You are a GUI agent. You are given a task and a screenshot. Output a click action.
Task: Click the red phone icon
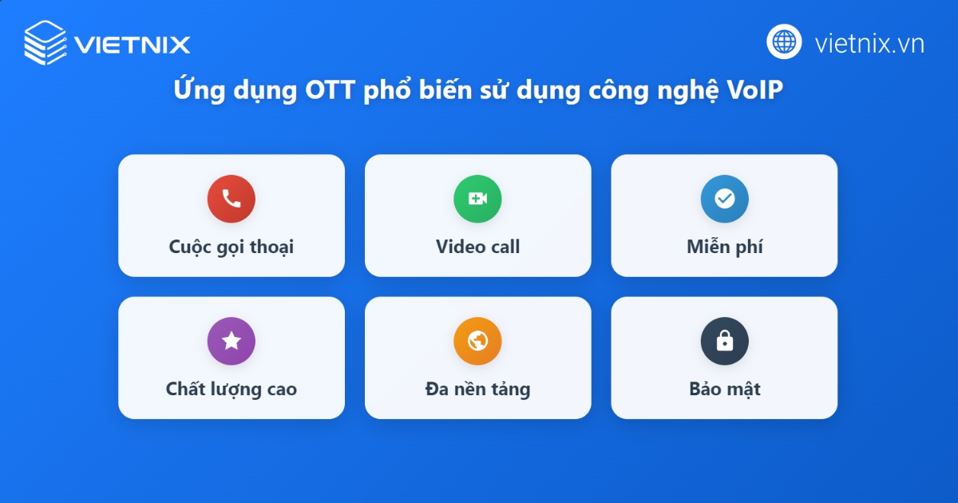231,199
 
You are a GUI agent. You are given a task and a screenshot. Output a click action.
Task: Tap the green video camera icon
477,199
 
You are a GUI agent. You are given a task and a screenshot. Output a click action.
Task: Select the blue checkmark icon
724,199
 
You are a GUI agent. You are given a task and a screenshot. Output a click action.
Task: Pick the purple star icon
231,341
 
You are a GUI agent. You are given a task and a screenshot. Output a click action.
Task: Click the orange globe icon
477,341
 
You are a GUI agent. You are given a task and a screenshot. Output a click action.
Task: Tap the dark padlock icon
724,341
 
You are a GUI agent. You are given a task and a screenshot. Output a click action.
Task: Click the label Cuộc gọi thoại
231,248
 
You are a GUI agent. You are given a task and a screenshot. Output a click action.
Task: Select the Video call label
477,247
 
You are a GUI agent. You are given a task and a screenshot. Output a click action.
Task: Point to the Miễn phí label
724,248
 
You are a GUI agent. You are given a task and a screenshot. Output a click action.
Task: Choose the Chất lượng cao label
231,390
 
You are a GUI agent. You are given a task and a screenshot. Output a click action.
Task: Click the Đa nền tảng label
477,390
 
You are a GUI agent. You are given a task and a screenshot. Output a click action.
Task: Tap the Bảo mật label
724,390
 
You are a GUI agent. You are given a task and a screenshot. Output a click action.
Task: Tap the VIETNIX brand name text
133,44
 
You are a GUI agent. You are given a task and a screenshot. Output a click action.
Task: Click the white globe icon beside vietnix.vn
784,42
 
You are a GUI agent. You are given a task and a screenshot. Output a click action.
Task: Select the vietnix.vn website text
869,43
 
